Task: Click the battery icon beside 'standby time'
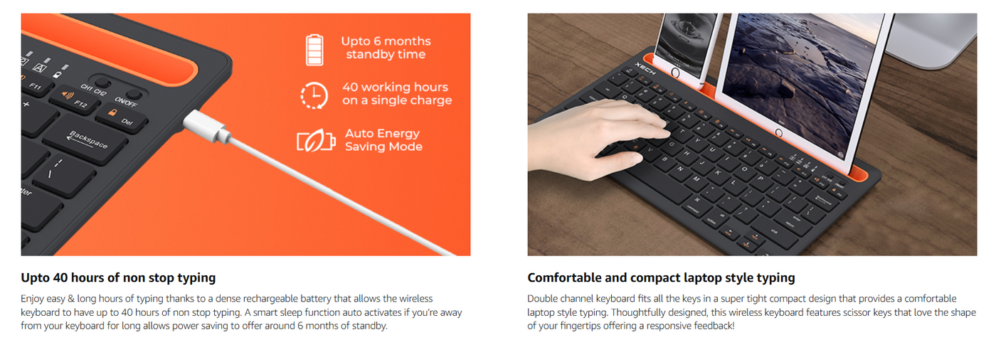(x=314, y=50)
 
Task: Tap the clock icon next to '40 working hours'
(x=314, y=95)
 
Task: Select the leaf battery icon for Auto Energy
(x=316, y=140)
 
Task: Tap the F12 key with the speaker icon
(x=73, y=100)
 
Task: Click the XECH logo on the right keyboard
(x=645, y=69)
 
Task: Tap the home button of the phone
(x=675, y=73)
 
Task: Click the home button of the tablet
(x=778, y=132)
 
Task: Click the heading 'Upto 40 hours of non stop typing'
(x=118, y=277)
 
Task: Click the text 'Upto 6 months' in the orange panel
(x=386, y=41)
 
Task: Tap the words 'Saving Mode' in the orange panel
(x=383, y=147)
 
